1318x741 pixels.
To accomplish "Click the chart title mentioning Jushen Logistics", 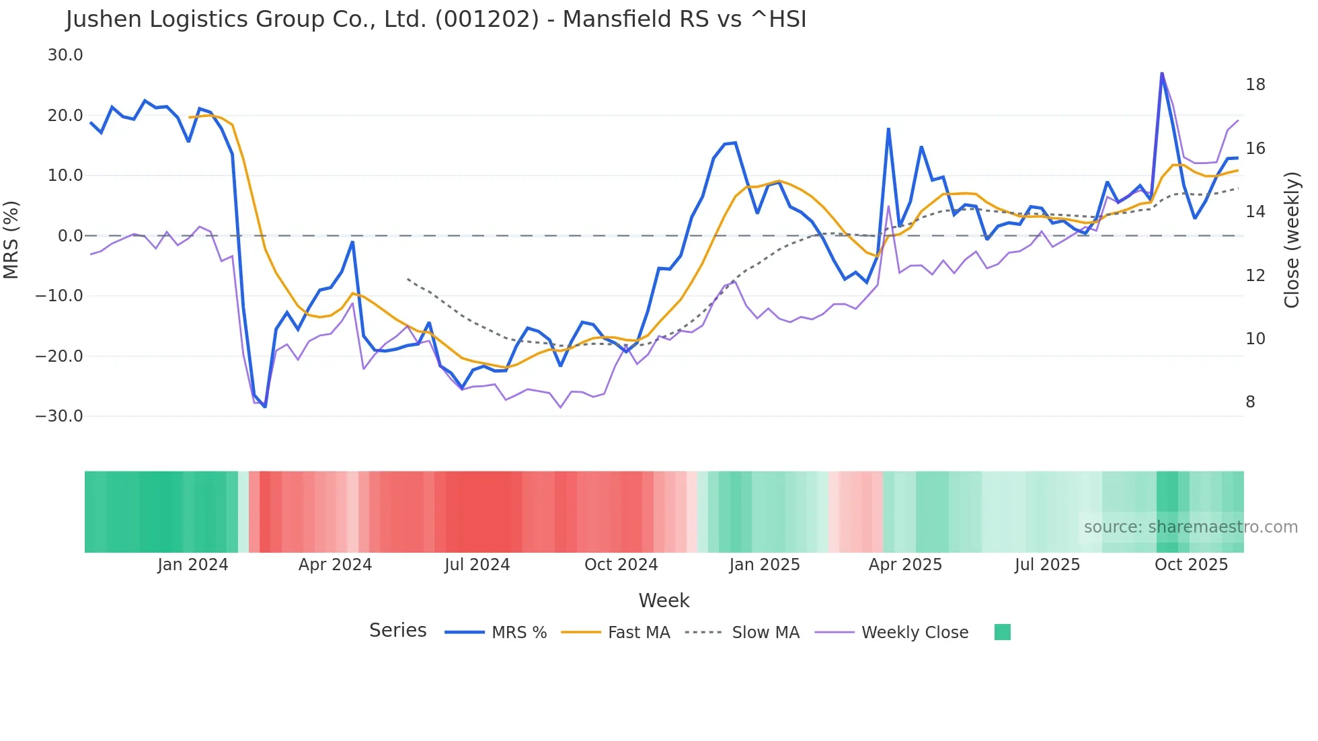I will pyautogui.click(x=436, y=19).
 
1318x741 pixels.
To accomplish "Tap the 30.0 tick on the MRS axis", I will pyautogui.click(x=65, y=55).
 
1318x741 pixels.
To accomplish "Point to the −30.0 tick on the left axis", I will pyautogui.click(x=59, y=416).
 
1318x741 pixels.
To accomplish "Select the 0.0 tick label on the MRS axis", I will pyautogui.click(x=70, y=236).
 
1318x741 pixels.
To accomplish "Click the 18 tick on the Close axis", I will pyautogui.click(x=1255, y=85).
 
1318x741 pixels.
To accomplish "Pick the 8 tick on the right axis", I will pyautogui.click(x=1250, y=402).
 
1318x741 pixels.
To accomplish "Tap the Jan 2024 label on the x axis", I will pyautogui.click(x=193, y=565).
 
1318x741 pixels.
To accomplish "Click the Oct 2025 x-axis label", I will pyautogui.click(x=1191, y=565).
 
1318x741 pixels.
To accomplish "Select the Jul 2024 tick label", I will pyautogui.click(x=477, y=565).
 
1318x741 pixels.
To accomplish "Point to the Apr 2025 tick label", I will pyautogui.click(x=905, y=565).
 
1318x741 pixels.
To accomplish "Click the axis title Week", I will pyautogui.click(x=664, y=600).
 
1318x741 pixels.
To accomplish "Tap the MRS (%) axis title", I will pyautogui.click(x=11, y=239).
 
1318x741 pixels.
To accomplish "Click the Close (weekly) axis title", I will pyautogui.click(x=1291, y=240).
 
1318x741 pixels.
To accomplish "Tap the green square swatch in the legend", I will pyautogui.click(x=1002, y=632).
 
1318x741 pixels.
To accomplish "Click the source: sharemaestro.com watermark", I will pyautogui.click(x=1190, y=527).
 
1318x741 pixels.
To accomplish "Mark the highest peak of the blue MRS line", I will pyautogui.click(x=1161, y=73).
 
